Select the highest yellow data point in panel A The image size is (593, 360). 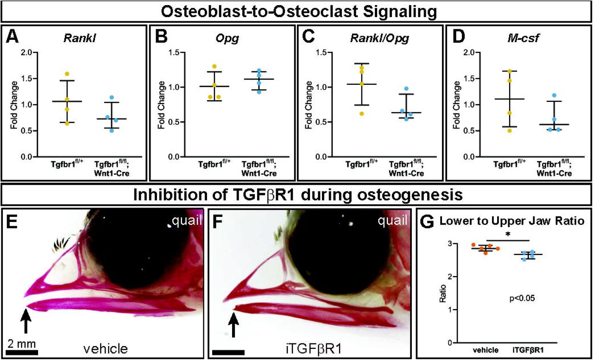[x=67, y=74]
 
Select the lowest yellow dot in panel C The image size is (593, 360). [x=361, y=113]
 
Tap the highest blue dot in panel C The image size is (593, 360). [x=406, y=88]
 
